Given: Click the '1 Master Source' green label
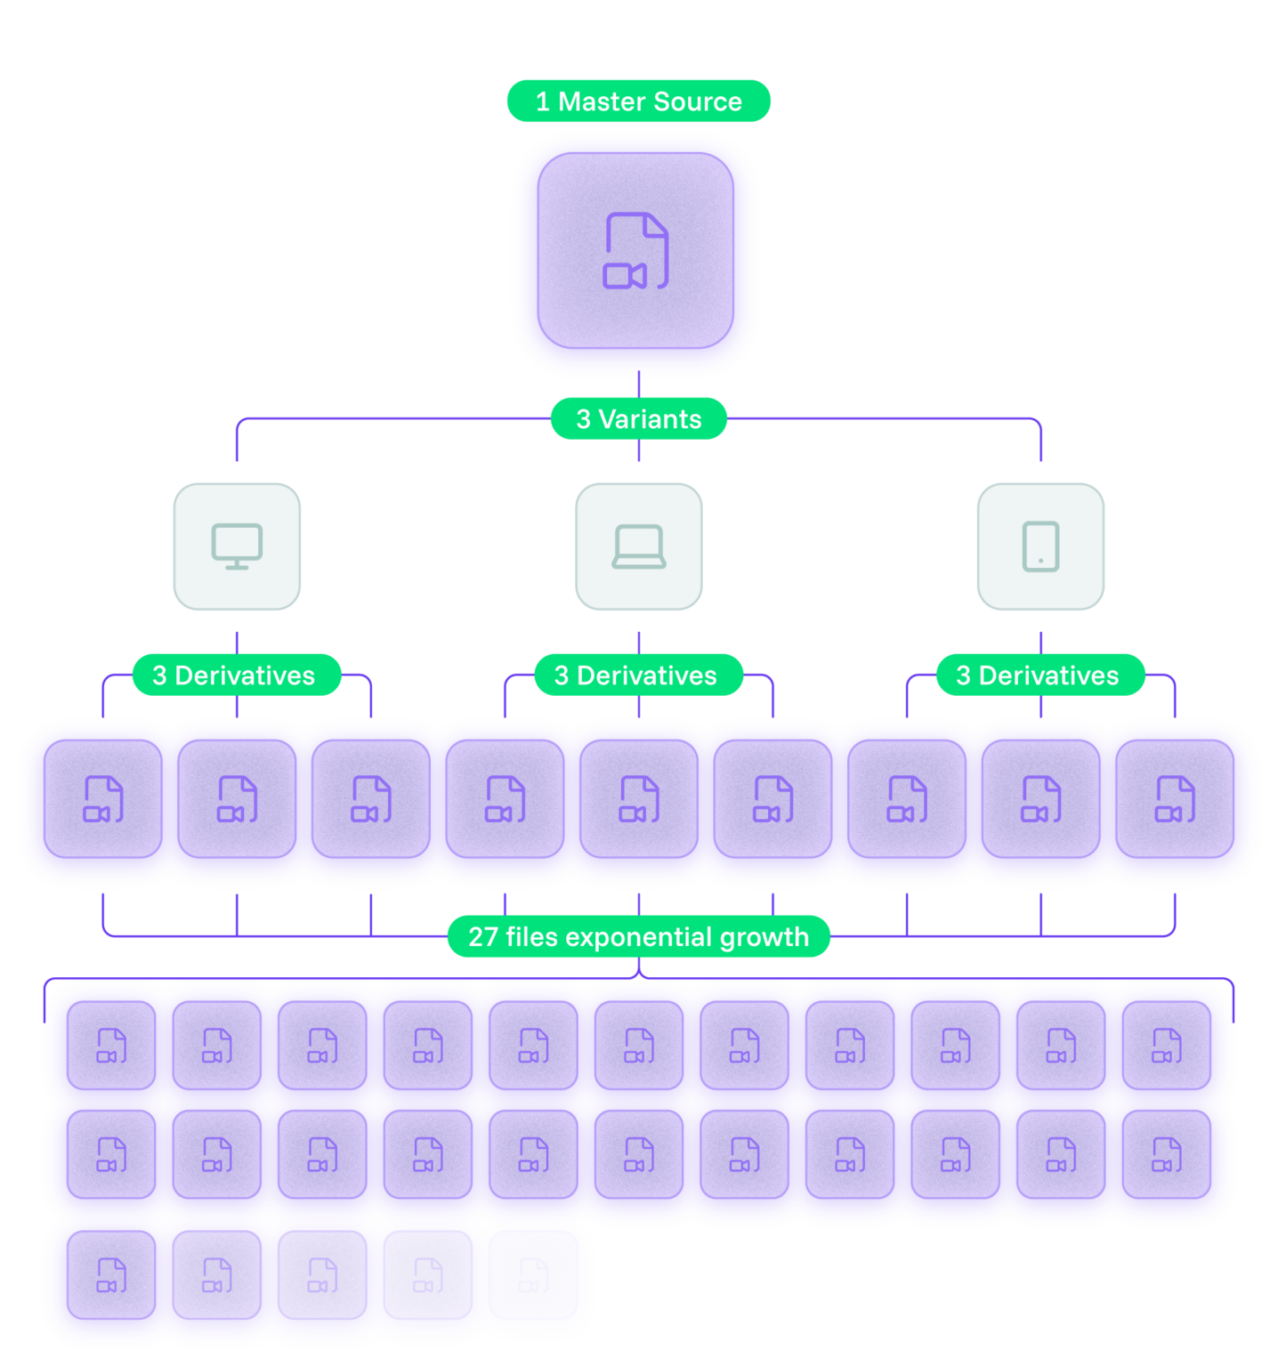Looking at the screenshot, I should [638, 101].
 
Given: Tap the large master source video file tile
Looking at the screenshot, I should [635, 251].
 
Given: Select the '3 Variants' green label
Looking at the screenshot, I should [638, 419].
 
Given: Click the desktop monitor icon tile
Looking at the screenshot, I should [237, 546].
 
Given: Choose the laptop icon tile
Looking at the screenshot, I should [638, 546].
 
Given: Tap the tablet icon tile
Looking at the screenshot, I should [1040, 546].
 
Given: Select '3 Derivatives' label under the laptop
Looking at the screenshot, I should [637, 675].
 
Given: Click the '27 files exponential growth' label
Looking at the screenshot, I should [638, 937].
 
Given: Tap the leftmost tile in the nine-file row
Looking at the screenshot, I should [103, 799].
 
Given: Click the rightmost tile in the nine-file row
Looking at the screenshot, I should [1175, 799].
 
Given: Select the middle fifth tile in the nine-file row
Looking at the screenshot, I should [638, 799].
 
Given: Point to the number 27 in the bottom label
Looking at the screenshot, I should [483, 937].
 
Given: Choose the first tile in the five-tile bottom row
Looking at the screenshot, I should [111, 1274].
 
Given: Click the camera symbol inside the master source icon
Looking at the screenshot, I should [624, 276].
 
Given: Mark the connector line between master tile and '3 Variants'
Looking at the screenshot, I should [638, 384].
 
